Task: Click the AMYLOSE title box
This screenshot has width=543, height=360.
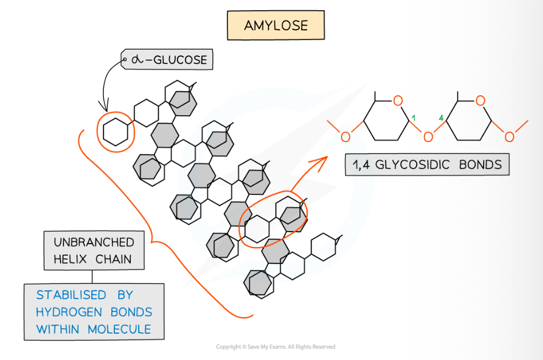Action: [275, 26]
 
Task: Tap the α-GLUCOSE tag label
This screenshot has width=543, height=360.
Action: [167, 59]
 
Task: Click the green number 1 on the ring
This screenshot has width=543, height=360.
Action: [413, 117]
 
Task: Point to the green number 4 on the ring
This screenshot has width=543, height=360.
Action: [441, 117]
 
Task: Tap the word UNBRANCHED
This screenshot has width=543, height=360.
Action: [94, 242]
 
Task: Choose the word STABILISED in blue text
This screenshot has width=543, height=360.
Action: [71, 295]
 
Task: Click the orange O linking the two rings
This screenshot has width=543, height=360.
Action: [427, 136]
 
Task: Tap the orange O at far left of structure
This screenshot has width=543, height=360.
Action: [344, 136]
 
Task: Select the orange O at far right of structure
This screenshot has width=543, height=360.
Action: [509, 136]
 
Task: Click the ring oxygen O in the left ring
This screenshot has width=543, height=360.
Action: [398, 101]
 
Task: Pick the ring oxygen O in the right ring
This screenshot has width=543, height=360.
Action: [481, 101]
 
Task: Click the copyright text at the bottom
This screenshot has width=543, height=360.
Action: [275, 347]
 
